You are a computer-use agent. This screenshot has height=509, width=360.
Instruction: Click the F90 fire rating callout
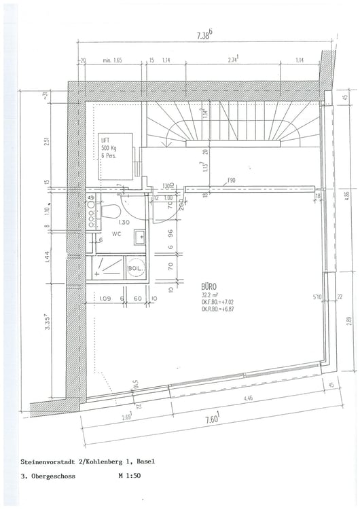[232, 181]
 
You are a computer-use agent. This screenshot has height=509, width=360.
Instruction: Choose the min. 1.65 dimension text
[112, 61]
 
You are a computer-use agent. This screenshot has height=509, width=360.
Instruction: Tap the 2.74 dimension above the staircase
[234, 60]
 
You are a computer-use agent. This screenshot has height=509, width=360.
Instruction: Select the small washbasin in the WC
[139, 237]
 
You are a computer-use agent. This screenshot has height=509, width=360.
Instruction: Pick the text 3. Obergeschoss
[48, 476]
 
